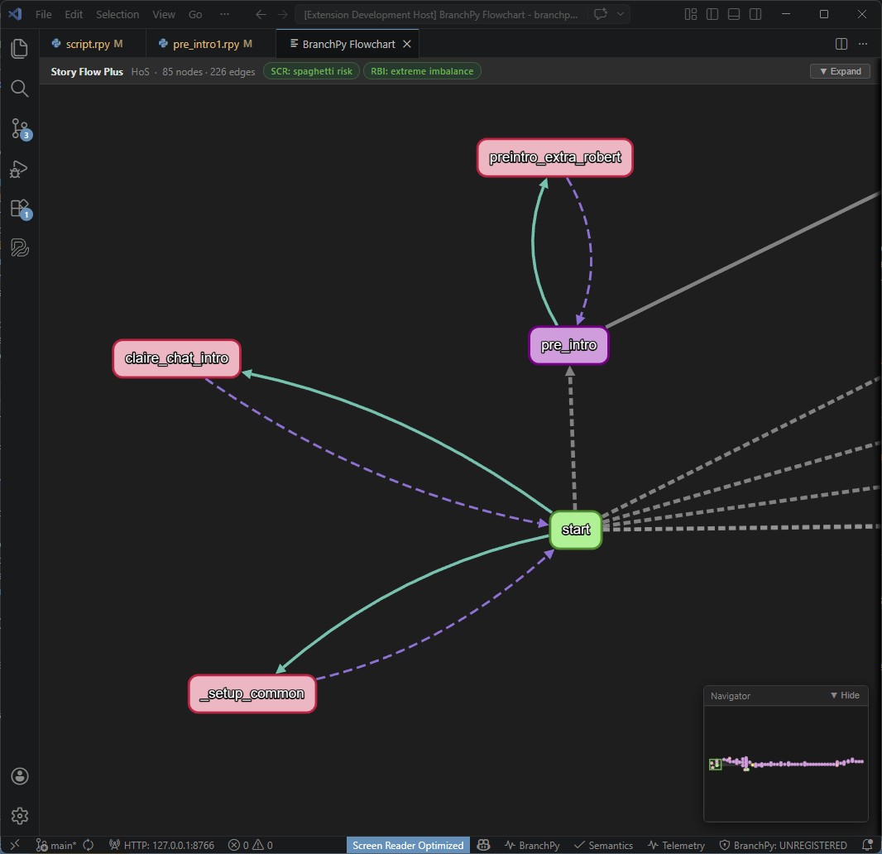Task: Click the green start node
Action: pyautogui.click(x=576, y=530)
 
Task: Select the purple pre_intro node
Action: pyautogui.click(x=568, y=345)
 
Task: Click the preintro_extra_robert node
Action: pyautogui.click(x=554, y=157)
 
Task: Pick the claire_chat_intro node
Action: pyautogui.click(x=176, y=358)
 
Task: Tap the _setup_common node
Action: pyautogui.click(x=252, y=693)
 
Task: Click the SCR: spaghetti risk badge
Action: pyautogui.click(x=311, y=71)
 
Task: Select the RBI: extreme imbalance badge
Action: pyautogui.click(x=422, y=71)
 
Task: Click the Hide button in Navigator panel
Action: pyautogui.click(x=845, y=695)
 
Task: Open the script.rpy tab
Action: pyautogui.click(x=87, y=44)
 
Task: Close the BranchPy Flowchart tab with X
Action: pyautogui.click(x=406, y=44)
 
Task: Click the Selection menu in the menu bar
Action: pyautogui.click(x=117, y=14)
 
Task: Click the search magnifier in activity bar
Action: pyautogui.click(x=20, y=89)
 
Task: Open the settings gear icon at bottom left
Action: pyautogui.click(x=20, y=816)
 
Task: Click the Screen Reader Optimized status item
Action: pyautogui.click(x=408, y=845)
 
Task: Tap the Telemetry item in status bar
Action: pyautogui.click(x=677, y=845)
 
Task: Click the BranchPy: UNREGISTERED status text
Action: pyautogui.click(x=783, y=845)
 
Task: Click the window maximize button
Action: pyautogui.click(x=824, y=14)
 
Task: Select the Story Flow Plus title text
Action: pyautogui.click(x=87, y=71)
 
